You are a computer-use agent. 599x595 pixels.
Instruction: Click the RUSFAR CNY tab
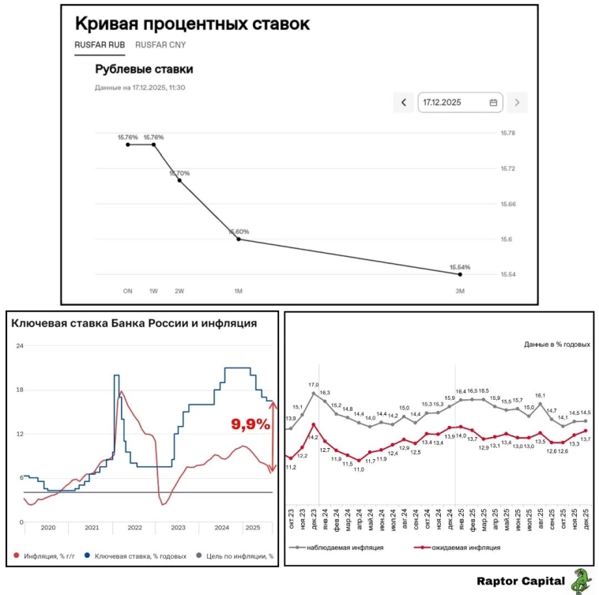[x=160, y=45]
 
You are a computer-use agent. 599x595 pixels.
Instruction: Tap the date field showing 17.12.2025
[x=459, y=103]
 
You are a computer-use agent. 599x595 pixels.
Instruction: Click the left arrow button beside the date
[x=404, y=103]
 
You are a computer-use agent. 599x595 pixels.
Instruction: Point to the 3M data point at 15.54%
[x=460, y=274]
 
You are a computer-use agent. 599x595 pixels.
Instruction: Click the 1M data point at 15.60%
[x=239, y=239]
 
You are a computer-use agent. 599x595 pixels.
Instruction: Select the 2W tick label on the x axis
[x=179, y=292]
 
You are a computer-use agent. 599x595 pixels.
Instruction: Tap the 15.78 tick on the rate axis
[x=507, y=134]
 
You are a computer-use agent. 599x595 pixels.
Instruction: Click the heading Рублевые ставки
[x=144, y=70]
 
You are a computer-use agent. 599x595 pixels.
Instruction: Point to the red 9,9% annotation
[x=251, y=424]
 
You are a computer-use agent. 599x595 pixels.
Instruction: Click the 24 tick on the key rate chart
[x=21, y=346]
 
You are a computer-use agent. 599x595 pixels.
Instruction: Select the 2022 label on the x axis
[x=134, y=527]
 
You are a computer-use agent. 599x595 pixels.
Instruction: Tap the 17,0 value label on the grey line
[x=314, y=385]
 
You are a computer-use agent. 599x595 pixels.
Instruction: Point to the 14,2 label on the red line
[x=314, y=437]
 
